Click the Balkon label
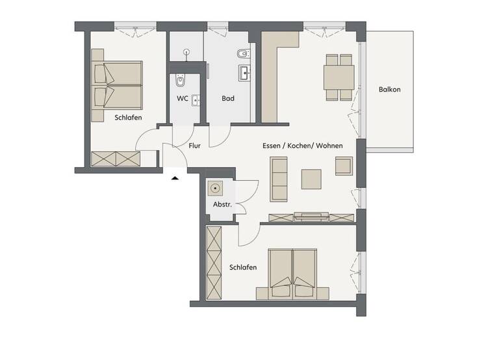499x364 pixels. pyautogui.click(x=390, y=90)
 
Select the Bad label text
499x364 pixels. pyautogui.click(x=227, y=99)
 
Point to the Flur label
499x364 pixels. pyautogui.click(x=194, y=146)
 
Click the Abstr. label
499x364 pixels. pyautogui.click(x=222, y=205)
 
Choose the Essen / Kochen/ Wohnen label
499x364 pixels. pyautogui.click(x=302, y=146)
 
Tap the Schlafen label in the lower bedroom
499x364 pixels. pyautogui.click(x=243, y=267)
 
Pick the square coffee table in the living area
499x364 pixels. pyautogui.click(x=311, y=178)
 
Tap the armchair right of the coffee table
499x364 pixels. pyautogui.click(x=344, y=166)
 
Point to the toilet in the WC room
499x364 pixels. pyautogui.click(x=181, y=81)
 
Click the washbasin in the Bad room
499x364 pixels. pyautogui.click(x=244, y=72)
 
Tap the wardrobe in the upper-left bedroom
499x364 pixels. pyautogui.click(x=116, y=159)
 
